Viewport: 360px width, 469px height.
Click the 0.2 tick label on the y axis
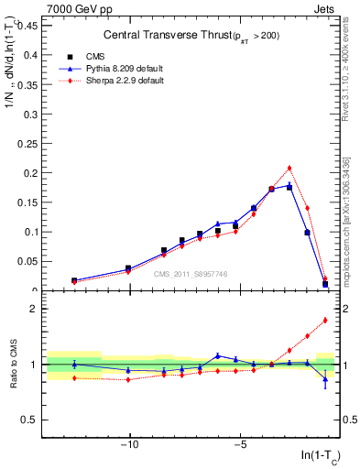click(x=31, y=173)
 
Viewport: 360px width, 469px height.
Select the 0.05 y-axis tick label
click(x=27, y=262)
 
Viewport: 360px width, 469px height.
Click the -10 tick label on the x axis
click(x=130, y=446)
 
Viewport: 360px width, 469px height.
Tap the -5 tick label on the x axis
click(x=240, y=446)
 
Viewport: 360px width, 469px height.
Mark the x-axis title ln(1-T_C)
click(x=316, y=459)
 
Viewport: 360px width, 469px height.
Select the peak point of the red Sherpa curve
click(x=289, y=168)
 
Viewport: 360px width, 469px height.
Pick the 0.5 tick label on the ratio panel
click(x=30, y=420)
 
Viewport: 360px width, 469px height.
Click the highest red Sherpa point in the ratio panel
click(x=325, y=320)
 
